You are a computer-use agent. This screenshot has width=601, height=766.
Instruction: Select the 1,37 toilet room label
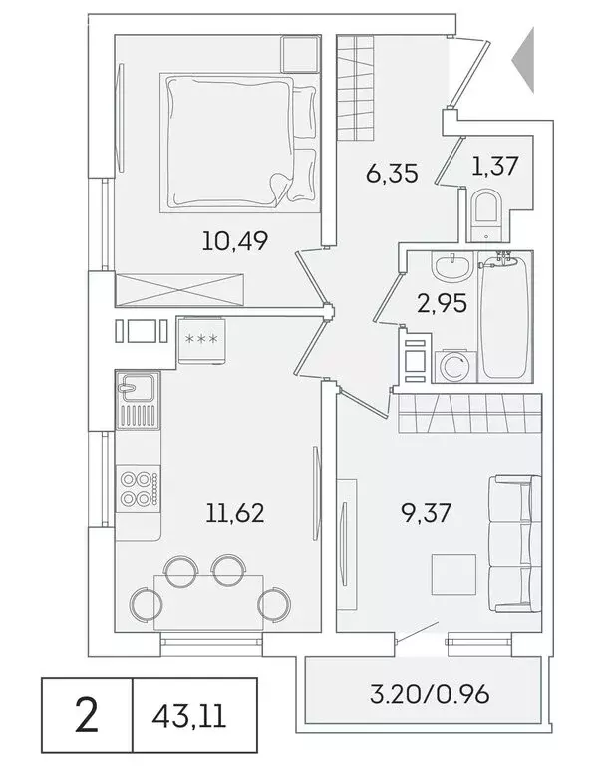tap(494, 166)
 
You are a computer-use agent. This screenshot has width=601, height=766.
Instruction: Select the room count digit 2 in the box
tap(87, 716)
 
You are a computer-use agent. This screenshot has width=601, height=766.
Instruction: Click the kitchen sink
tap(134, 386)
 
